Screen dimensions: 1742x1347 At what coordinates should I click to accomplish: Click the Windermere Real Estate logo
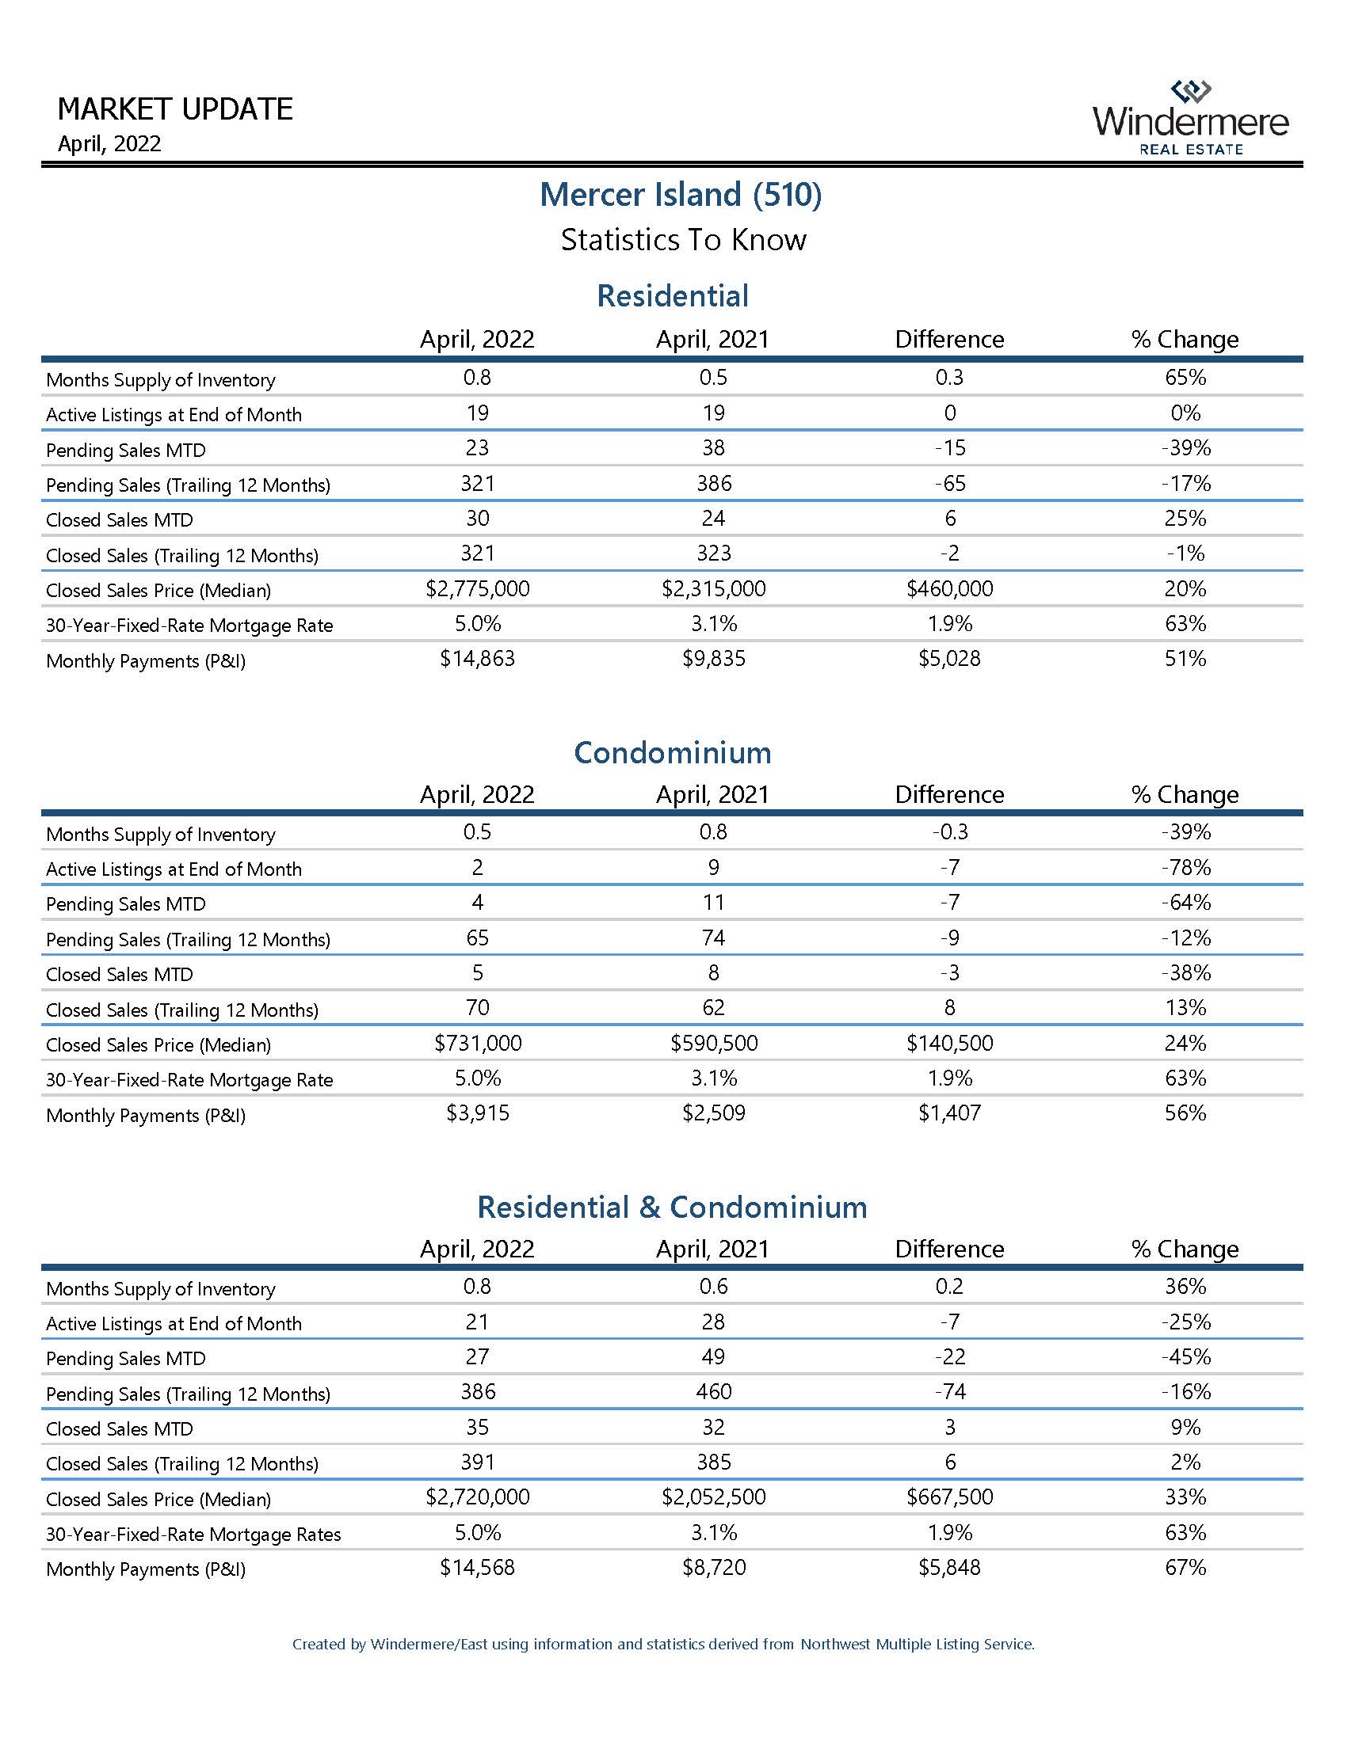coord(1190,118)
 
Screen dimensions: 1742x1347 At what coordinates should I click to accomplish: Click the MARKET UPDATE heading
coord(176,109)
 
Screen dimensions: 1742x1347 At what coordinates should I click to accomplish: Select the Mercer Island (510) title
coord(681,195)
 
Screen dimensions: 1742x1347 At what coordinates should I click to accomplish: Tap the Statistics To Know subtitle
coord(683,240)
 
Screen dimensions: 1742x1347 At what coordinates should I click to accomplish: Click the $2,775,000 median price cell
coord(477,589)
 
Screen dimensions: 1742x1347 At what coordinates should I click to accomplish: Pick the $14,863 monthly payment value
coord(477,659)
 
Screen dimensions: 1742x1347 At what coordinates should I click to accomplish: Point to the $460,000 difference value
coord(949,589)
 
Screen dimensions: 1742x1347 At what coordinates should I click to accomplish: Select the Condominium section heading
coord(673,753)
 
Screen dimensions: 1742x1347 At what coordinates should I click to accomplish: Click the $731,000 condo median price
coord(477,1044)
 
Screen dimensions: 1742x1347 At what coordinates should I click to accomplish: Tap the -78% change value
coord(1186,868)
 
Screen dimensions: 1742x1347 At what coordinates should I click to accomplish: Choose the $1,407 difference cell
coord(949,1113)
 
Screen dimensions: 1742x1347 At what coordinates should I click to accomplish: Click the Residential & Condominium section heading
coord(673,1208)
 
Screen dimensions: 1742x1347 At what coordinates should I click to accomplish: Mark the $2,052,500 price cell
coord(713,1497)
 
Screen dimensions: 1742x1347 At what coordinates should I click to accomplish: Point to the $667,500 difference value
coord(949,1497)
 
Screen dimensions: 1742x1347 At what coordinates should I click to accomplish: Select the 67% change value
coord(1186,1567)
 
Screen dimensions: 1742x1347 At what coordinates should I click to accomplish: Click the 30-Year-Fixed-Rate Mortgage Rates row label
coord(193,1535)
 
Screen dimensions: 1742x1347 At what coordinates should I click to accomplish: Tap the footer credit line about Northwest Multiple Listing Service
coord(663,1644)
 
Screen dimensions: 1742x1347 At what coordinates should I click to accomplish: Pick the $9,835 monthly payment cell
coord(713,659)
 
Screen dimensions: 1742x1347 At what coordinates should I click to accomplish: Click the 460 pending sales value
coord(713,1392)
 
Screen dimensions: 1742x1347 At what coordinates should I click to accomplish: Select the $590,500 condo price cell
coord(713,1044)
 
